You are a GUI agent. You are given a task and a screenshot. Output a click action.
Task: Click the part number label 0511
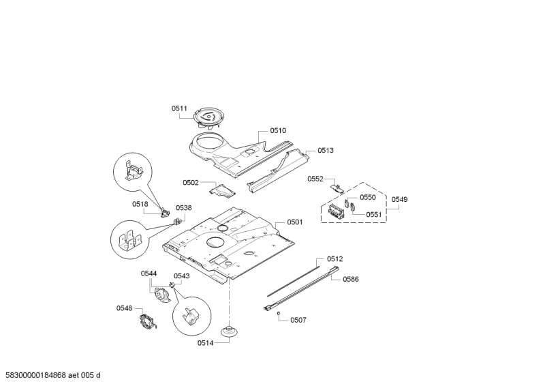point(178,108)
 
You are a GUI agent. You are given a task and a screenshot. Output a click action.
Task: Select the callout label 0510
point(278,130)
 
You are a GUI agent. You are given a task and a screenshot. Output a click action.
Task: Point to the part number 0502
point(190,182)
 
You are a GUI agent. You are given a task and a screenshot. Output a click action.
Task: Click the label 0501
point(294,222)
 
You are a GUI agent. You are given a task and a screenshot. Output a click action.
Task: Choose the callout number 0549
point(399,200)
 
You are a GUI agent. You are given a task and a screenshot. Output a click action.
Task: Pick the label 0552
point(315,179)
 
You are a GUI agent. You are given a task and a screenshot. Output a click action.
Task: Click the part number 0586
point(350,279)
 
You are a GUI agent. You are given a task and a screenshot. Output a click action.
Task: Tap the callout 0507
point(298,320)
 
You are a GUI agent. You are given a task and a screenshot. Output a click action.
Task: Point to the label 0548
point(124,308)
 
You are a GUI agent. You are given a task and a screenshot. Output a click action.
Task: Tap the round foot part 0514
point(230,331)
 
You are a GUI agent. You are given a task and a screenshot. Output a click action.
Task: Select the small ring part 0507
point(279,313)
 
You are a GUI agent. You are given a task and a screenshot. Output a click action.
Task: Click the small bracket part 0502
point(222,189)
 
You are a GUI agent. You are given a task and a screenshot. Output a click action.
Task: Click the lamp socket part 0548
point(148,321)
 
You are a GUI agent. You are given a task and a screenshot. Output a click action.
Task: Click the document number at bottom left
point(52,376)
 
